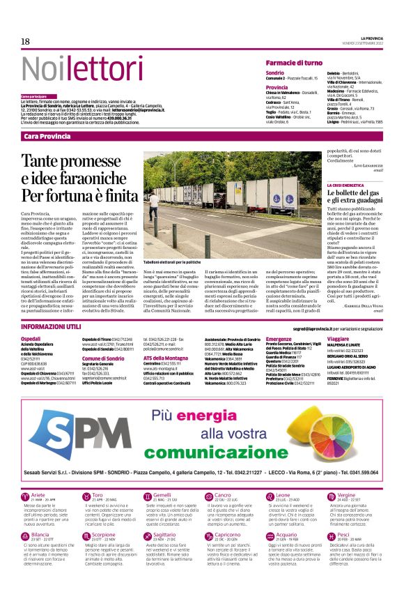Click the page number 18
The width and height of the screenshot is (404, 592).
(25, 42)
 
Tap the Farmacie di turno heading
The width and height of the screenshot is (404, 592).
(293, 63)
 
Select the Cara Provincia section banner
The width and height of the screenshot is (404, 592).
(49, 136)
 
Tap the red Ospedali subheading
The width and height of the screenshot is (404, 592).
(31, 337)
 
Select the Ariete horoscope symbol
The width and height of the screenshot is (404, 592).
(27, 496)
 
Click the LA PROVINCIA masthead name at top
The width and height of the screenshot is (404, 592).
(371, 37)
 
